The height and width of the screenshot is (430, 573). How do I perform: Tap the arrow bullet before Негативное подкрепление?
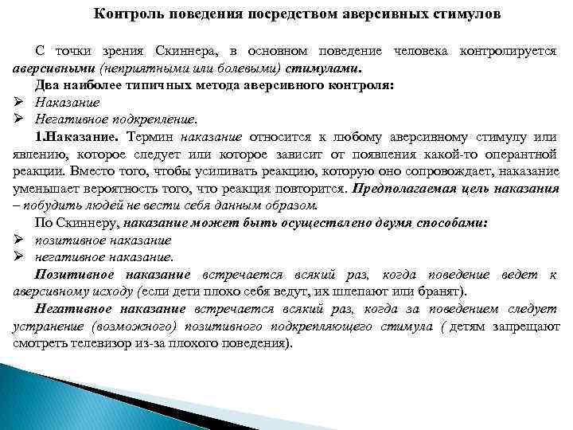[19, 119]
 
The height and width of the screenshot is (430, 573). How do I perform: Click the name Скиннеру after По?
[84, 223]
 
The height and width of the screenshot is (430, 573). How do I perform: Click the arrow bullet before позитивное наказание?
[19, 240]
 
